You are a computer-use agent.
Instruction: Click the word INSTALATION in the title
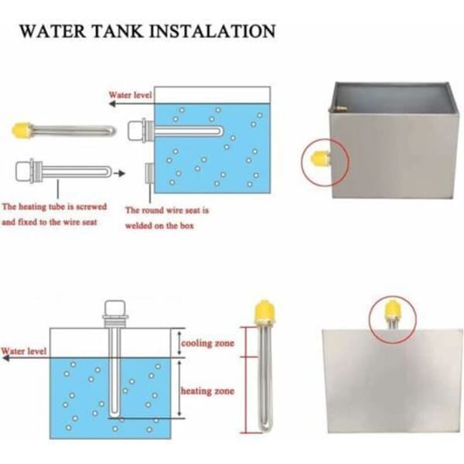point(214,31)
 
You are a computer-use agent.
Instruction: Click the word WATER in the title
point(53,31)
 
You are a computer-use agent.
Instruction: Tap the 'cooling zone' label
point(208,343)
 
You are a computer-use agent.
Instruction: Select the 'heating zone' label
point(208,391)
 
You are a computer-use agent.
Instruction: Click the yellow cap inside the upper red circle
point(320,159)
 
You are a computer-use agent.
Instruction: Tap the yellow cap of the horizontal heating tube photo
point(22,130)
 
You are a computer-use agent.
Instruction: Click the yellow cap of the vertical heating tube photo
point(264,312)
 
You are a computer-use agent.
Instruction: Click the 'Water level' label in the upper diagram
point(131,95)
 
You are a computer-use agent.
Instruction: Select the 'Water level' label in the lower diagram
point(24,351)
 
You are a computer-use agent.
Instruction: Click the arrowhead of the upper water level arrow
point(112,104)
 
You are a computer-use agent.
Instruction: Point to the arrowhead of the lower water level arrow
point(5,358)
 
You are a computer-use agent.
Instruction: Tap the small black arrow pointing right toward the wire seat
point(120,173)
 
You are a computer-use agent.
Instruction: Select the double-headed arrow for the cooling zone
point(179,343)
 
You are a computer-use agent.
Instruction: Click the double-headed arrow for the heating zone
point(179,388)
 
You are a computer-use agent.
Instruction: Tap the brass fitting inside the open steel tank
point(342,109)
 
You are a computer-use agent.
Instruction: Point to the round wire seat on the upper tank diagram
point(149,173)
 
